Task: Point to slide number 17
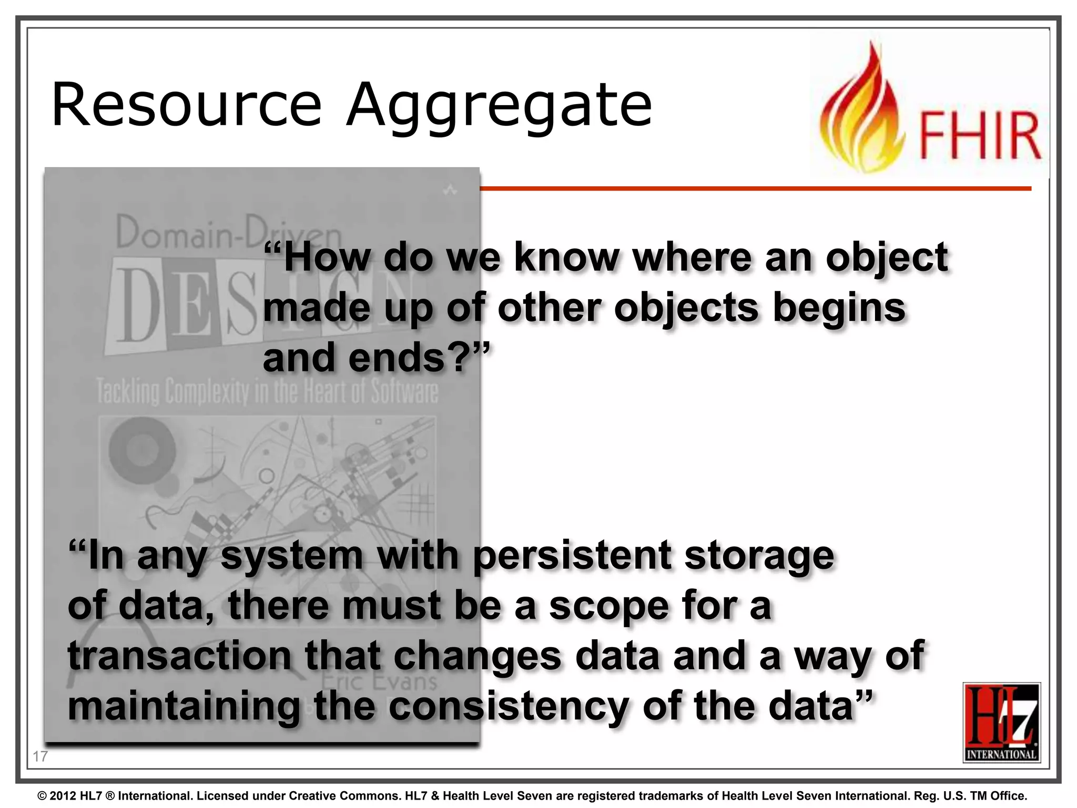[x=40, y=756]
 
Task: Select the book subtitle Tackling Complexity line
[x=267, y=392]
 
